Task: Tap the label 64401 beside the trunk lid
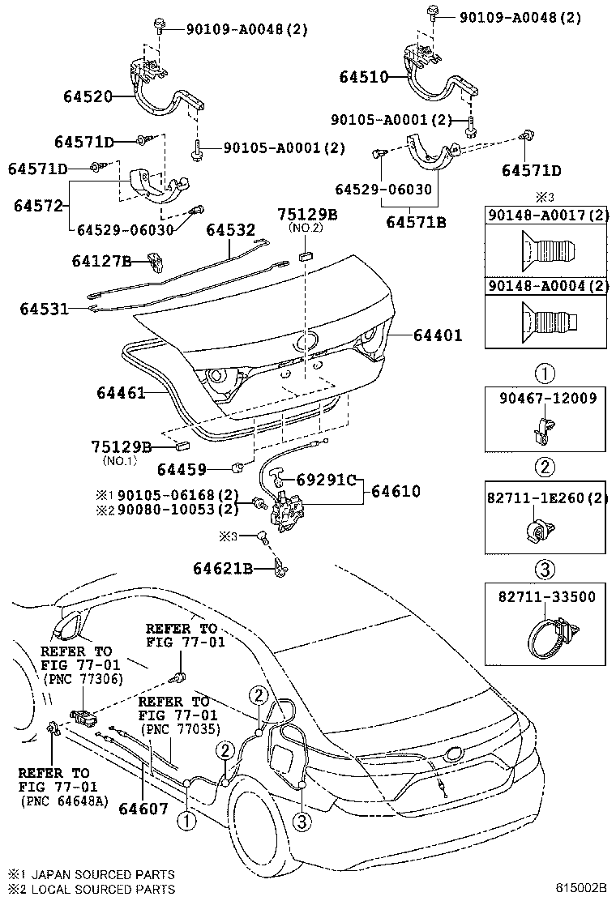[438, 334]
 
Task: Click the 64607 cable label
[143, 808]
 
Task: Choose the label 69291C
[323, 480]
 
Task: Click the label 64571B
[416, 222]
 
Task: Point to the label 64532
[230, 230]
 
